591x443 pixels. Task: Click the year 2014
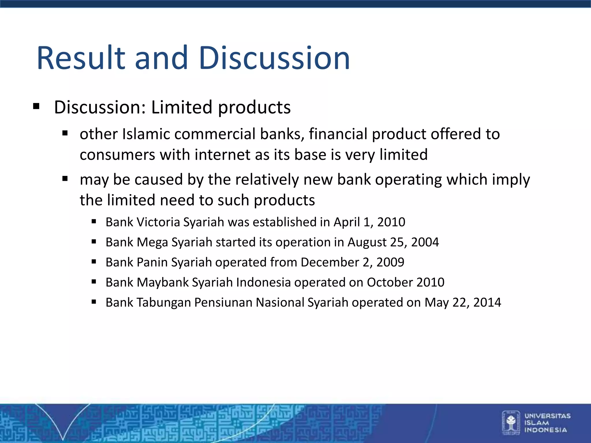tap(487, 303)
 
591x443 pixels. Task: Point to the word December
tap(330, 262)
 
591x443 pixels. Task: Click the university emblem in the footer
tap(511, 423)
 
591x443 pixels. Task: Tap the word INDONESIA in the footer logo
tap(545, 430)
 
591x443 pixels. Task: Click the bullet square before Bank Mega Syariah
tap(93, 242)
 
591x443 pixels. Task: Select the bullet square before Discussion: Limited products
tap(36, 106)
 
